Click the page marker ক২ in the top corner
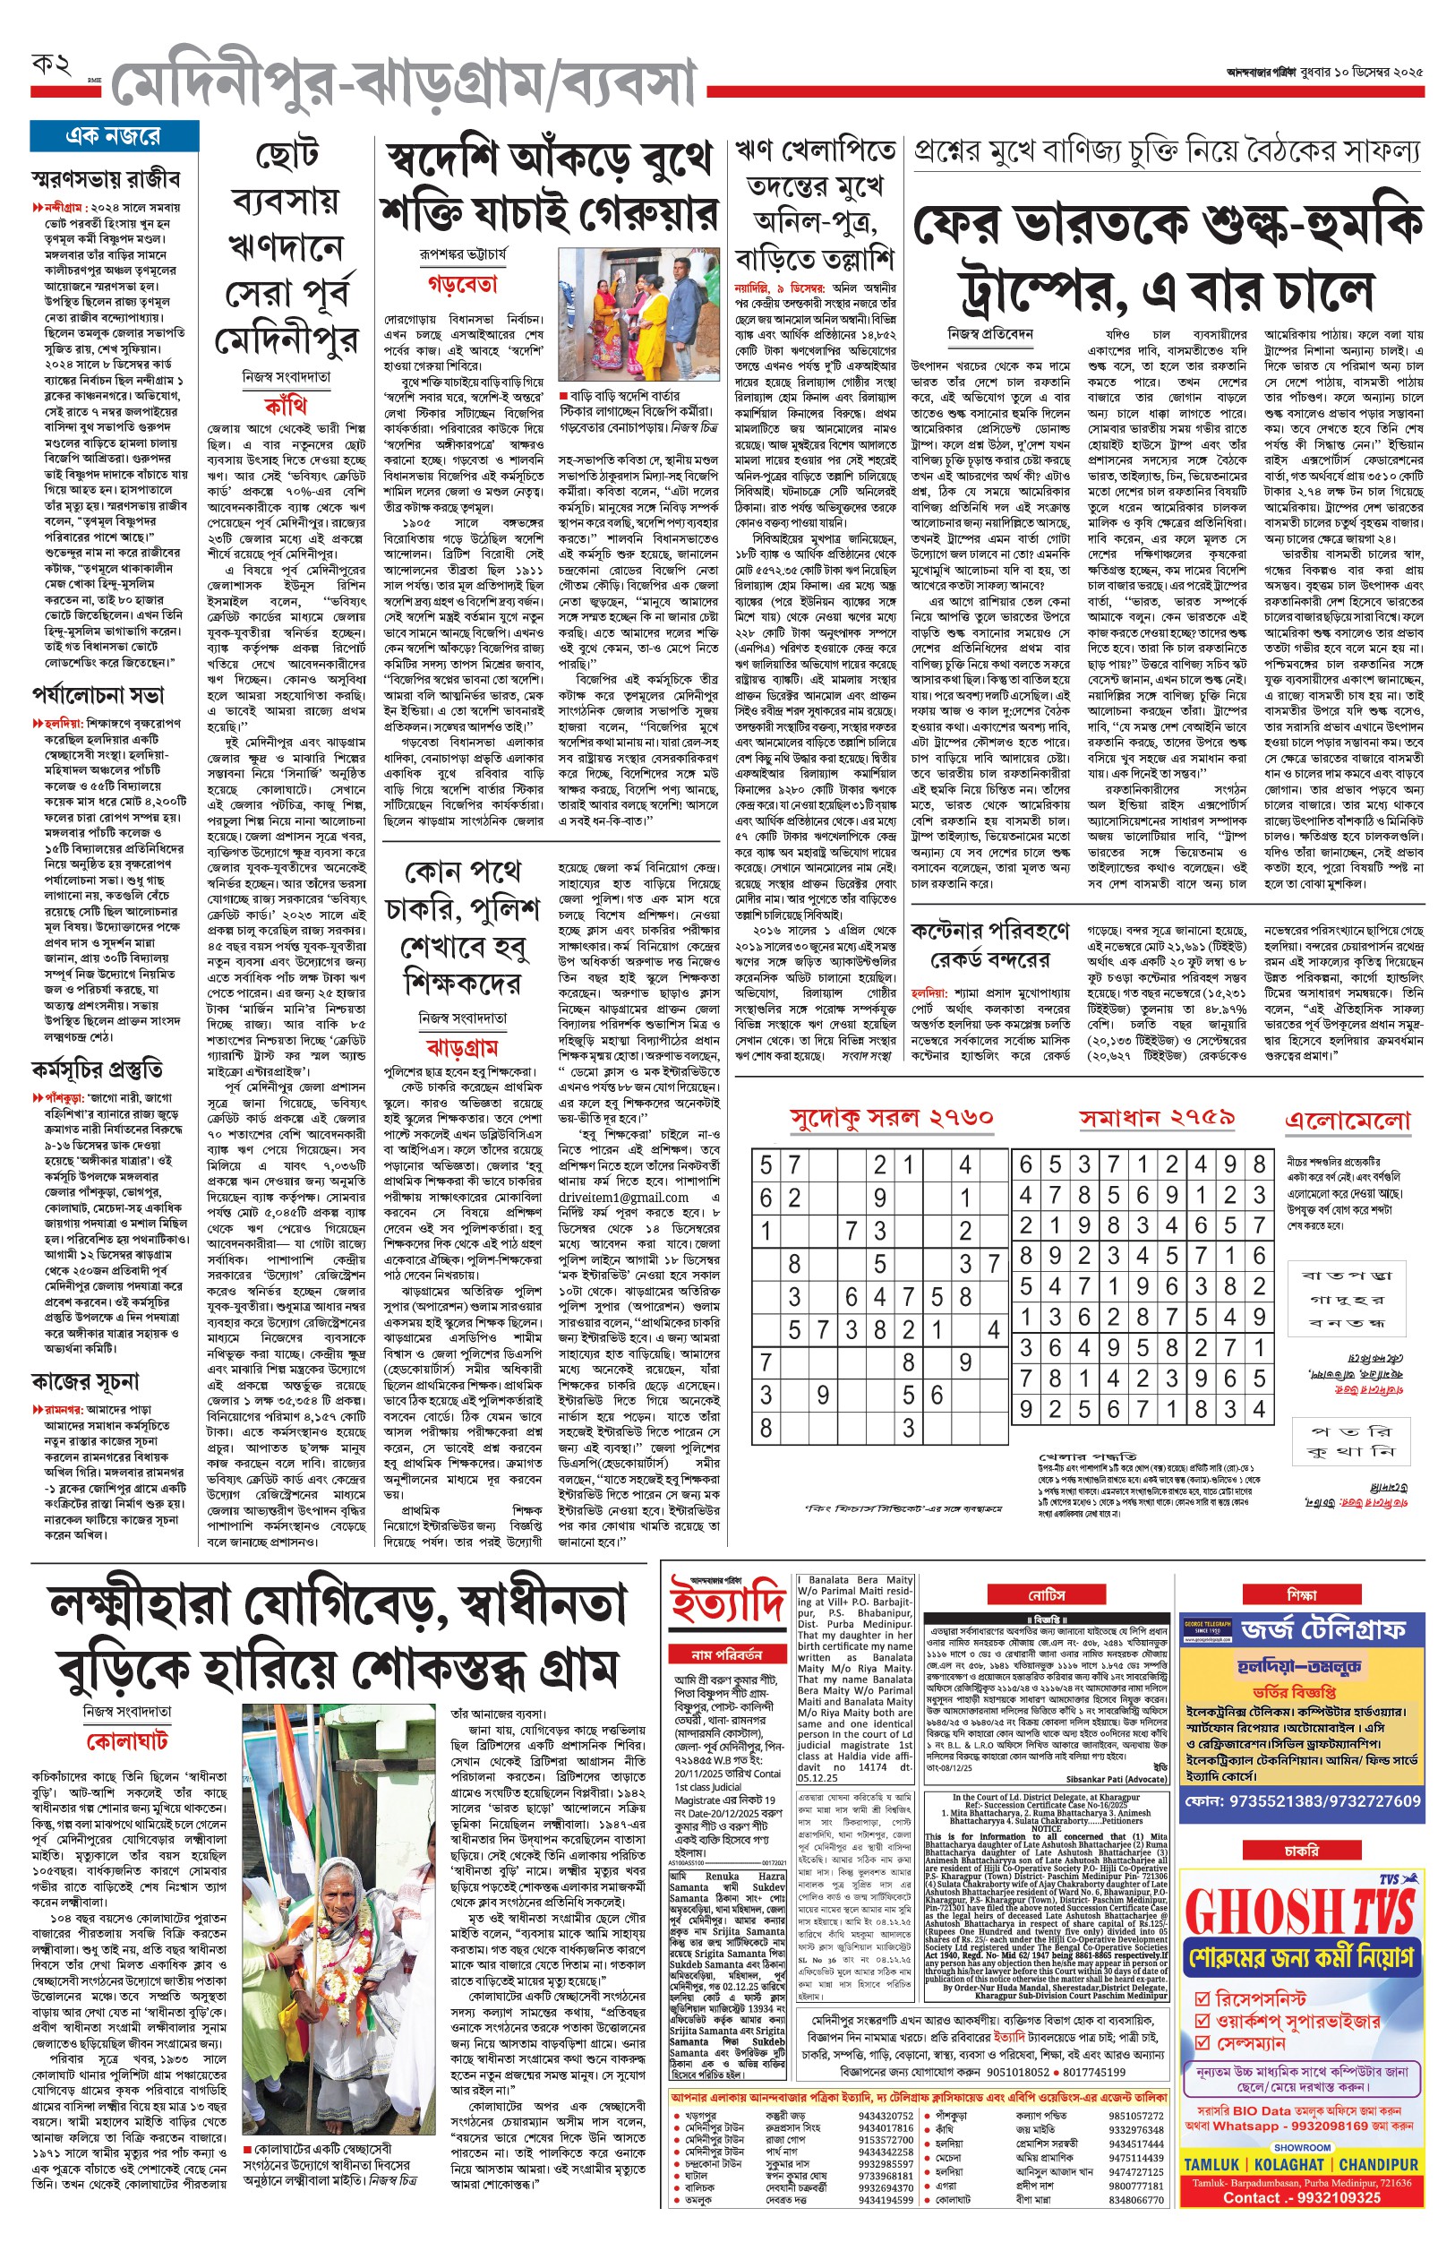52,66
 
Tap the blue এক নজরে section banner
114,136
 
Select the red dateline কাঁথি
286,407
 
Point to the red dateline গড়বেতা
462,283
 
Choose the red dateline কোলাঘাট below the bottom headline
126,1740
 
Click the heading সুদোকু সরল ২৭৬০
891,1118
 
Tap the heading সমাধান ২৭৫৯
1158,1118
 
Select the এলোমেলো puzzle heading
1347,1121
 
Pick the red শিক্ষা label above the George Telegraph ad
1301,1595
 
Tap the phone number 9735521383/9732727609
1302,1801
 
